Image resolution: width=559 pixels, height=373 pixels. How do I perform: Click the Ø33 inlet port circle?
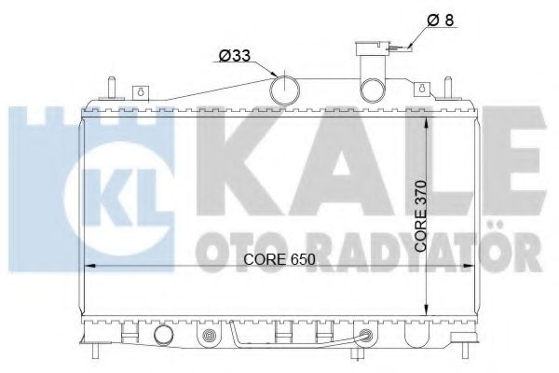click(285, 90)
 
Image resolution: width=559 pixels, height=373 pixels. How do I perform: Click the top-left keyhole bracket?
click(141, 90)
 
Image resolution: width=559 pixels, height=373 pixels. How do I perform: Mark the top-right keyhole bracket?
click(425, 90)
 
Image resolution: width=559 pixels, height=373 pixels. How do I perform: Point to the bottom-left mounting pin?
click(95, 351)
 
